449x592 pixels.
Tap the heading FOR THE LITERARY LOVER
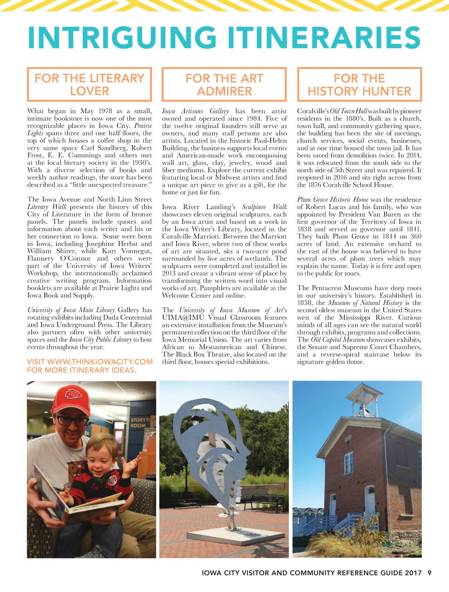click(x=89, y=84)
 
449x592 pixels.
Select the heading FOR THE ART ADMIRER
click(x=224, y=84)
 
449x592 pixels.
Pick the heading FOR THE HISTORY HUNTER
click(x=359, y=84)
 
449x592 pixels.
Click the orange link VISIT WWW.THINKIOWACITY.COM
click(x=89, y=362)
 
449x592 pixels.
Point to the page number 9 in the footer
click(x=429, y=573)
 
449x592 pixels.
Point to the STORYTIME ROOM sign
click(x=140, y=422)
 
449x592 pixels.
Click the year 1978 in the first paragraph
click(x=105, y=111)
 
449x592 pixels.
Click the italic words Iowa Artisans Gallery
click(x=196, y=111)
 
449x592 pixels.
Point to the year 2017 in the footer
click(x=413, y=573)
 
